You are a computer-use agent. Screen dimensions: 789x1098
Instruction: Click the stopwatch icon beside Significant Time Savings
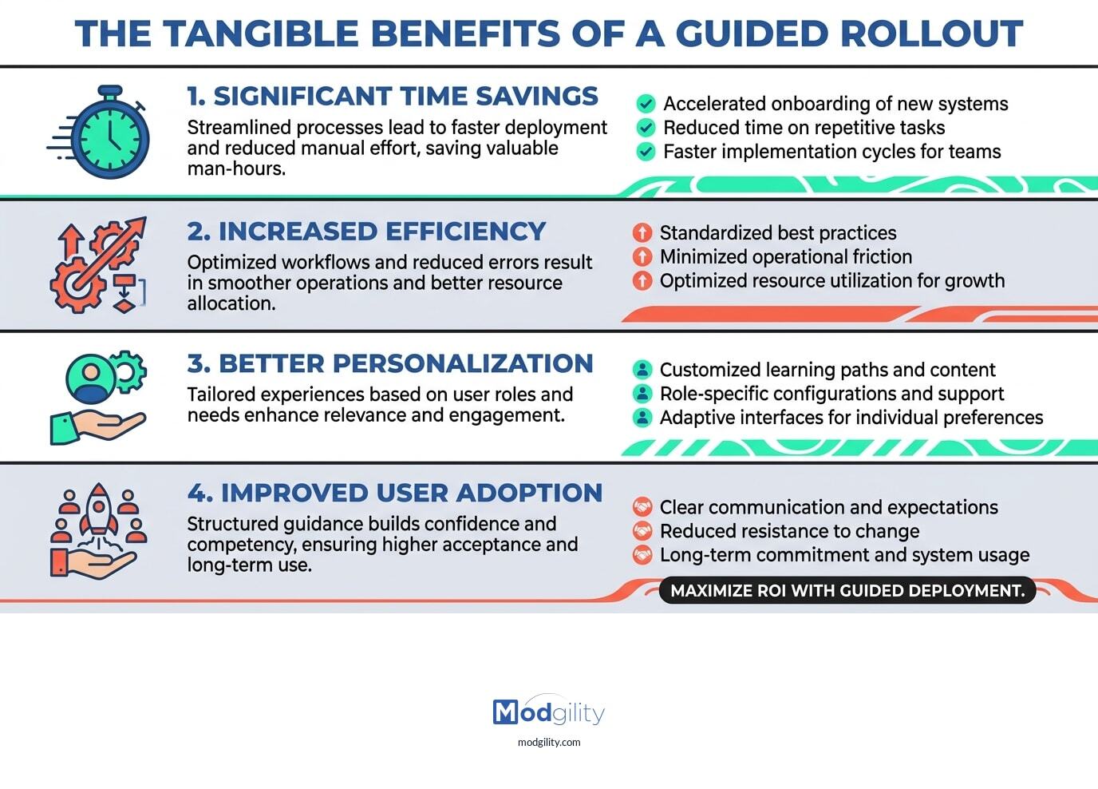[x=109, y=133]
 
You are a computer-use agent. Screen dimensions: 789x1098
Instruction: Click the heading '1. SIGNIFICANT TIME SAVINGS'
[x=392, y=96]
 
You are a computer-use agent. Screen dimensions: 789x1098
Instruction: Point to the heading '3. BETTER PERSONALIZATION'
[x=390, y=363]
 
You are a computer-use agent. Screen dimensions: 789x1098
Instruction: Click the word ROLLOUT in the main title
[x=930, y=34]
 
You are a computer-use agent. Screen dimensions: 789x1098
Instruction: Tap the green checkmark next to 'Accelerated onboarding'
[x=646, y=104]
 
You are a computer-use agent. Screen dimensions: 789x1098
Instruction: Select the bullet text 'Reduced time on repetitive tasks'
[x=804, y=128]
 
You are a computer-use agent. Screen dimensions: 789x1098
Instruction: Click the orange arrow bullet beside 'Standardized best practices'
[x=642, y=232]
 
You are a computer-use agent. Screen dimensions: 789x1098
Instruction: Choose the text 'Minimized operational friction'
[x=785, y=256]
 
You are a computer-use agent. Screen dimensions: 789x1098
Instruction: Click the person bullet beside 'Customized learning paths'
[x=642, y=370]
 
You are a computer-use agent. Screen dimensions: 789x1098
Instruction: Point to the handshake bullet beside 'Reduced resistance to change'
[x=642, y=531]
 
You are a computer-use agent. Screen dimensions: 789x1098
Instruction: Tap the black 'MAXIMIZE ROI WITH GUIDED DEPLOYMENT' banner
[x=847, y=591]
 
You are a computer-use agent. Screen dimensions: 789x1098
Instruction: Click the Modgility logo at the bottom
[x=549, y=712]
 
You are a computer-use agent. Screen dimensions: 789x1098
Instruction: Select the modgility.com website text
[x=549, y=742]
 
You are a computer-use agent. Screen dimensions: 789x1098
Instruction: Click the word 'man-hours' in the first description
[x=235, y=169]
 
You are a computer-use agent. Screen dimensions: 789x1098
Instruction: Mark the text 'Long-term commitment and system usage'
[x=844, y=555]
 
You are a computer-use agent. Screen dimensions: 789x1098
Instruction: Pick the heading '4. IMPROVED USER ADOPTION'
[x=395, y=493]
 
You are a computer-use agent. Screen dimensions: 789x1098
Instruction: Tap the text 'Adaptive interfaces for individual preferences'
[x=851, y=418]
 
